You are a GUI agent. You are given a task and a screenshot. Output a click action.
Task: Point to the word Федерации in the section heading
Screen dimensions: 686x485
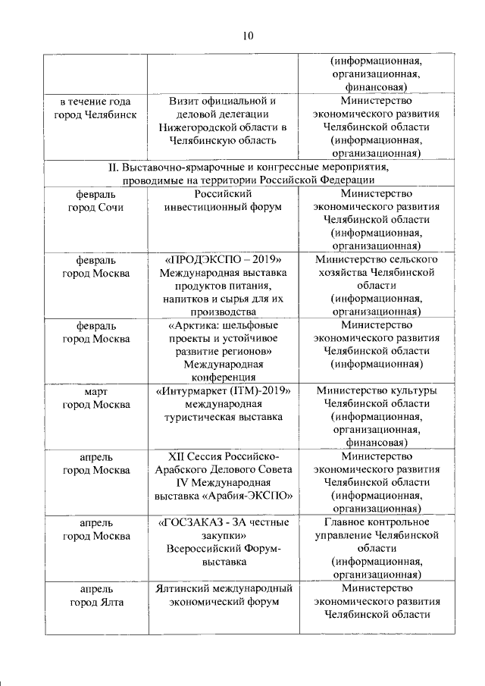(341, 180)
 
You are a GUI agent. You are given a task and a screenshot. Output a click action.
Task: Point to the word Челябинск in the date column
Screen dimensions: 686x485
(113, 114)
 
